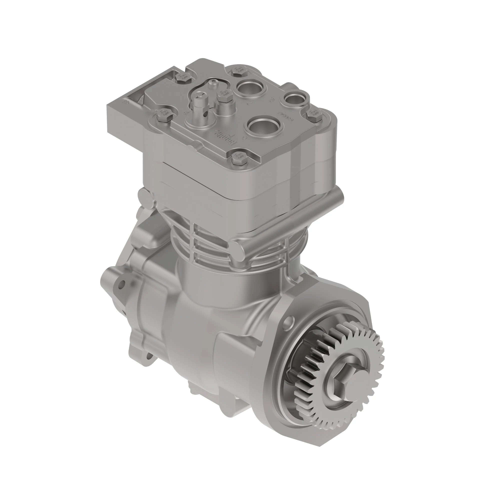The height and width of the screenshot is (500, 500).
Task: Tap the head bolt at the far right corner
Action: pos(314,114)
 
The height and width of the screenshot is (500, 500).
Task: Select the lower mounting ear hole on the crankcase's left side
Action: pos(149,357)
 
